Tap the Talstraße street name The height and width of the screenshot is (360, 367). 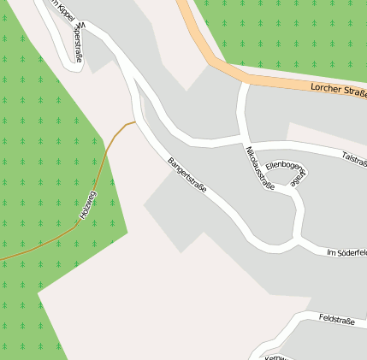[353, 157]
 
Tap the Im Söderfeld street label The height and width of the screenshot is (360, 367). [346, 252]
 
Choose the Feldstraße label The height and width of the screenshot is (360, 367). [336, 320]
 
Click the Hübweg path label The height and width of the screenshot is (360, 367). [86, 206]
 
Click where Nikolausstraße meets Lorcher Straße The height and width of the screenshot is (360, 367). [246, 83]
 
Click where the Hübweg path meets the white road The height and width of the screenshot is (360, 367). [134, 122]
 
